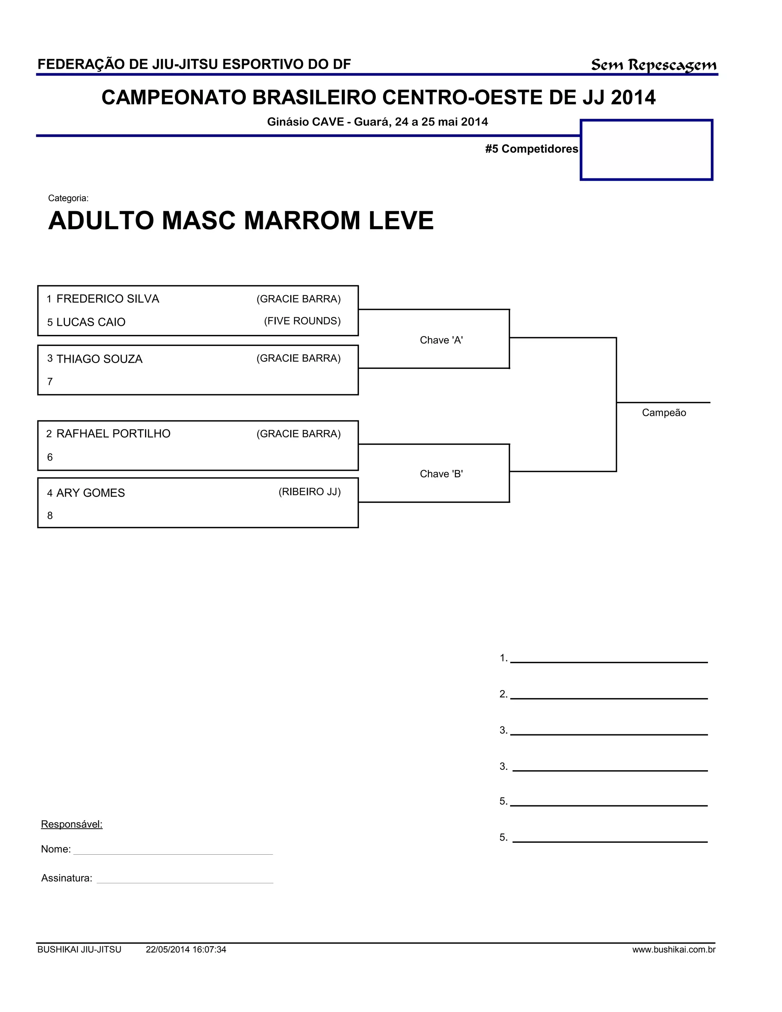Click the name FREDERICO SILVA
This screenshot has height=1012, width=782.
click(107, 299)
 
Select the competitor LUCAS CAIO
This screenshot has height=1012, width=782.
click(91, 322)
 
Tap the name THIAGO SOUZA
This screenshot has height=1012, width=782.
click(99, 359)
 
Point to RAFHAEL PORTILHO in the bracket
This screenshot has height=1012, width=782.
click(113, 434)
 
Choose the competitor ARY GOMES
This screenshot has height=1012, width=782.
click(90, 493)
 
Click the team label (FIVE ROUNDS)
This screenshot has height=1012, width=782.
click(302, 321)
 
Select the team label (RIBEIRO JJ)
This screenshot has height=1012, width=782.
click(309, 491)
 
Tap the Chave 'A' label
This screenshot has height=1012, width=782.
click(441, 340)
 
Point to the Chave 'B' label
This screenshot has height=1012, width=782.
click(441, 474)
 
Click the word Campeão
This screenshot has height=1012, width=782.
click(663, 413)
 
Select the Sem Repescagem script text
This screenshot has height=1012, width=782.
click(653, 65)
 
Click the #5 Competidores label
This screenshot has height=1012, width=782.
click(532, 149)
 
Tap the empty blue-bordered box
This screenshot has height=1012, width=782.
click(646, 150)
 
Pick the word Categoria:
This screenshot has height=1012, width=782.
click(68, 198)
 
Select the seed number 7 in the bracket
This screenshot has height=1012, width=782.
click(50, 382)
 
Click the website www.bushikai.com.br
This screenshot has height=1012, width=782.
click(674, 950)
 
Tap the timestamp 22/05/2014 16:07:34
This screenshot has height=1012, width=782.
click(186, 950)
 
